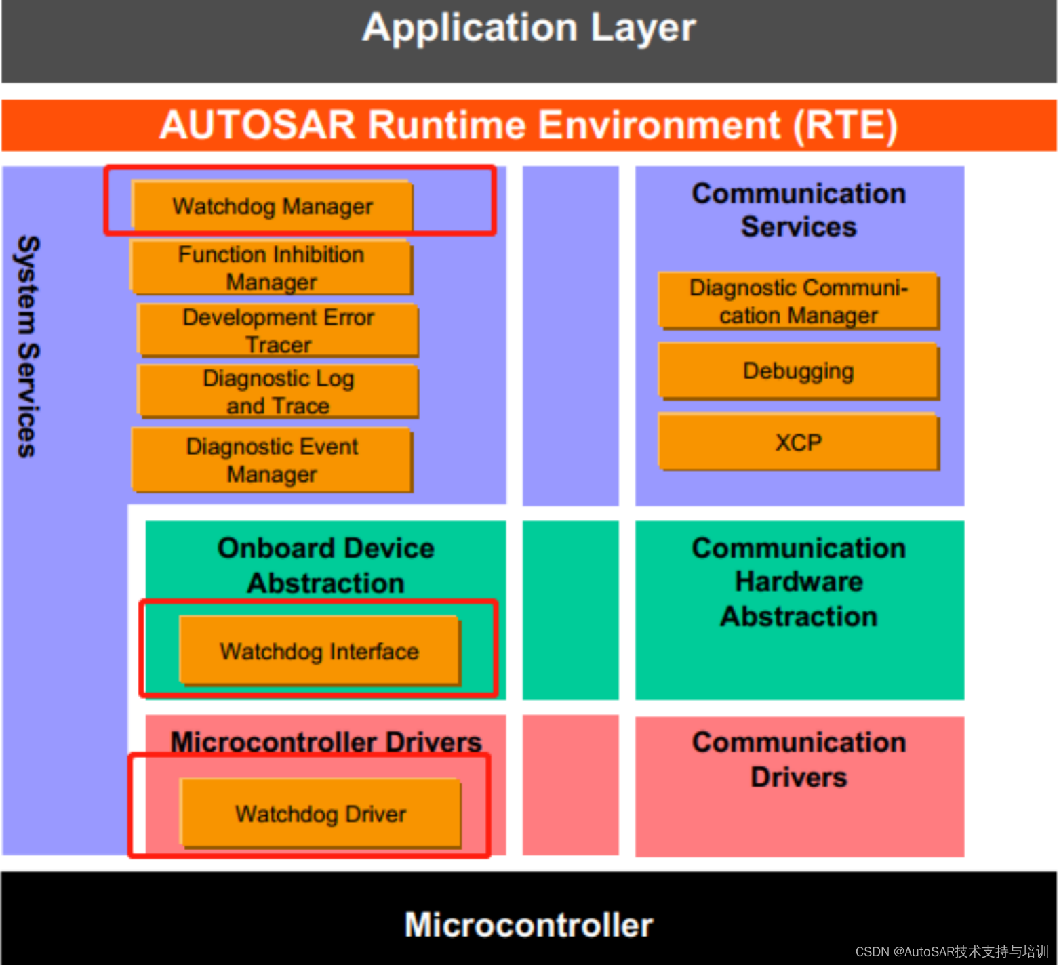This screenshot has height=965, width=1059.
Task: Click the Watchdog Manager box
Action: tap(272, 206)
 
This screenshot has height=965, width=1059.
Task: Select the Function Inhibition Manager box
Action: tap(271, 268)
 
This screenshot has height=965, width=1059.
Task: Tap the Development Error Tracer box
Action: tap(278, 330)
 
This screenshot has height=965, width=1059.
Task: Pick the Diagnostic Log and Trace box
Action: tap(278, 392)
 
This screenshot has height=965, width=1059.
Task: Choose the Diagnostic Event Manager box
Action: tap(272, 460)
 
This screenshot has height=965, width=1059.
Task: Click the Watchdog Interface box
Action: tap(319, 651)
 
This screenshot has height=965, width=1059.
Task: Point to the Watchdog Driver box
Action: tap(321, 813)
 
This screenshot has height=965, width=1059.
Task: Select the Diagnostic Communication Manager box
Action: tap(798, 302)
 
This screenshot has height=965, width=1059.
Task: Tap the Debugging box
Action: tap(798, 371)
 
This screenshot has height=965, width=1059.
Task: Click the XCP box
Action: tap(798, 443)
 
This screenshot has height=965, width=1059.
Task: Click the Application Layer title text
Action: tap(529, 28)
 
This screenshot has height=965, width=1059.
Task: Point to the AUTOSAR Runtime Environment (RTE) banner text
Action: tap(529, 125)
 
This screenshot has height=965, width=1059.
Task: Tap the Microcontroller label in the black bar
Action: tap(529, 924)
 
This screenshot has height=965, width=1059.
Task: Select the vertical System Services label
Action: tap(27, 346)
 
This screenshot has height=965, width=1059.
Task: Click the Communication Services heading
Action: tap(799, 210)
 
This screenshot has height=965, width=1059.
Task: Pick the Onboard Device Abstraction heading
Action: tap(325, 565)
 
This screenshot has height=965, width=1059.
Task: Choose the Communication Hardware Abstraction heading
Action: tap(799, 582)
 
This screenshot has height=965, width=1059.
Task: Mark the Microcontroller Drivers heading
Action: tap(325, 741)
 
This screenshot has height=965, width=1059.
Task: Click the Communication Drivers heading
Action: tap(799, 759)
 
